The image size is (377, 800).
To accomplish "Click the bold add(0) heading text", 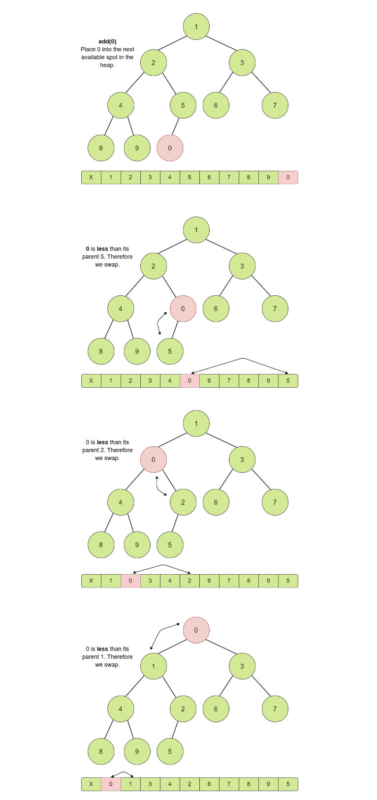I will (107, 41).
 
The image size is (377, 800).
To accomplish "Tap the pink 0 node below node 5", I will (170, 148).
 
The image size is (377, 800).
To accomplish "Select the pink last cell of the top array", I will (288, 177).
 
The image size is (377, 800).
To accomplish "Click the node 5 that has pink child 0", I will (183, 105).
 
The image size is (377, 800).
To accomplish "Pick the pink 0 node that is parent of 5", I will (183, 308).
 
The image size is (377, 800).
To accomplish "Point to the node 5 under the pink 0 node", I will (170, 351).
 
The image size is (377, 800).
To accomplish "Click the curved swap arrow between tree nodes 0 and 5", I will (160, 323).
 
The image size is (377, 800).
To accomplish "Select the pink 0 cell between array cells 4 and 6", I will (189, 381).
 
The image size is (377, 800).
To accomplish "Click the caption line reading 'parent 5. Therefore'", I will (107, 257).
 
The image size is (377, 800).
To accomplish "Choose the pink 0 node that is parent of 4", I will (154, 460).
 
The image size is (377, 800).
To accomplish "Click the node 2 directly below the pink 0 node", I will (183, 502).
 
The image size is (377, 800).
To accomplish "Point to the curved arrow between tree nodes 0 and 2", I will (159, 486).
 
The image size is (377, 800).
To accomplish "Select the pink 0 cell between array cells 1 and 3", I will (130, 581).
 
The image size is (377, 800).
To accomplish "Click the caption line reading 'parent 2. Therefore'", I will (107, 450).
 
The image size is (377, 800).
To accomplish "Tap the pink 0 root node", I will (196, 630).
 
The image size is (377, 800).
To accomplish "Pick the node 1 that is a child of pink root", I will (154, 666).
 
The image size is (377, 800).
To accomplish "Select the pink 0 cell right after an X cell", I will (111, 784).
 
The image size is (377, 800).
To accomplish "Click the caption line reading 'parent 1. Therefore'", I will (107, 657).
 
